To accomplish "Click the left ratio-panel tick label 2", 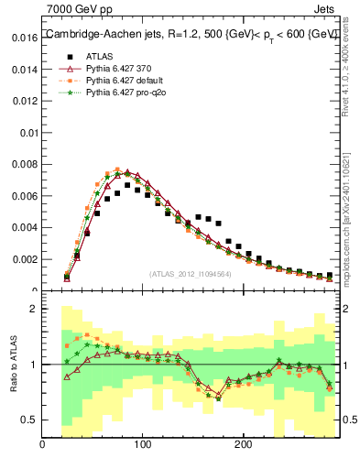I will click(33, 309).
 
